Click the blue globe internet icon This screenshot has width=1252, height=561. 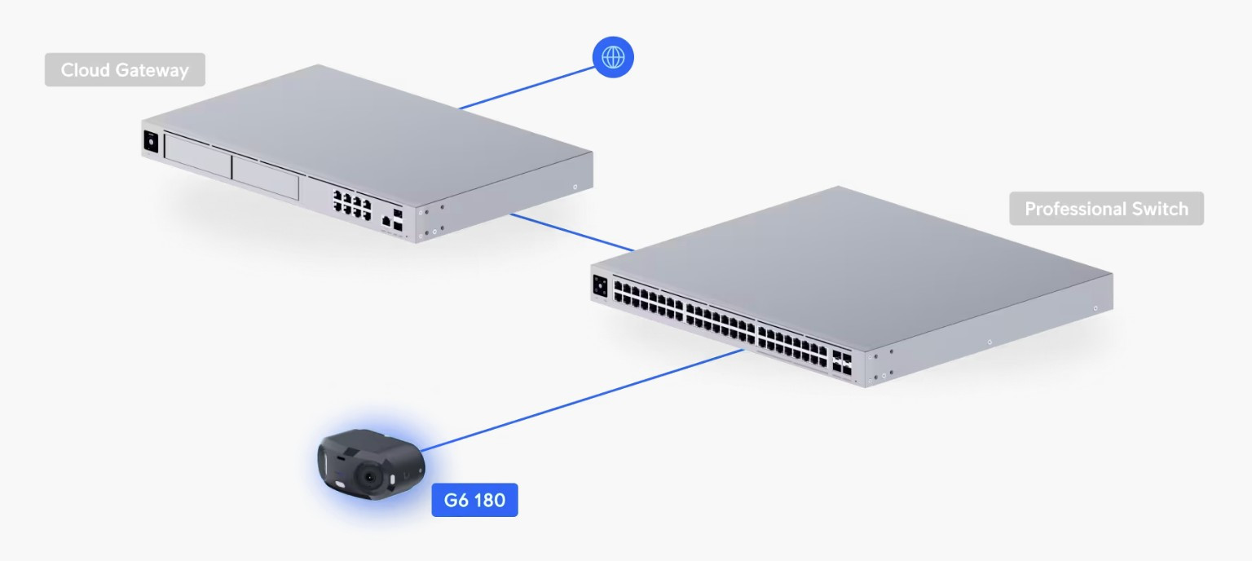pyautogui.click(x=613, y=57)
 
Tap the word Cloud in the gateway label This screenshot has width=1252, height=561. pyautogui.click(x=87, y=70)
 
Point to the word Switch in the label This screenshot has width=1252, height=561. pyautogui.click(x=1161, y=209)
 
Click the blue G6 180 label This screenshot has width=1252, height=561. pyautogui.click(x=474, y=500)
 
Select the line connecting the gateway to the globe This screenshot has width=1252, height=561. pyautogui.click(x=526, y=88)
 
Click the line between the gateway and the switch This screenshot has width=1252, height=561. pyautogui.click(x=571, y=232)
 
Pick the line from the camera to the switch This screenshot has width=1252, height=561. pyautogui.click(x=583, y=400)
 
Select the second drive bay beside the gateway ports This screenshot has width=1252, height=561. pyautogui.click(x=265, y=176)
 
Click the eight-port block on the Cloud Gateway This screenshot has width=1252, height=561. pyautogui.click(x=351, y=202)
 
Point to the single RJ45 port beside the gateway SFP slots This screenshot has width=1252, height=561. pyautogui.click(x=386, y=219)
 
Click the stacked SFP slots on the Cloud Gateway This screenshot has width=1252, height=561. pyautogui.click(x=397, y=218)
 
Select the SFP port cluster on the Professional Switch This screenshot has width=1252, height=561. pyautogui.click(x=842, y=363)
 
